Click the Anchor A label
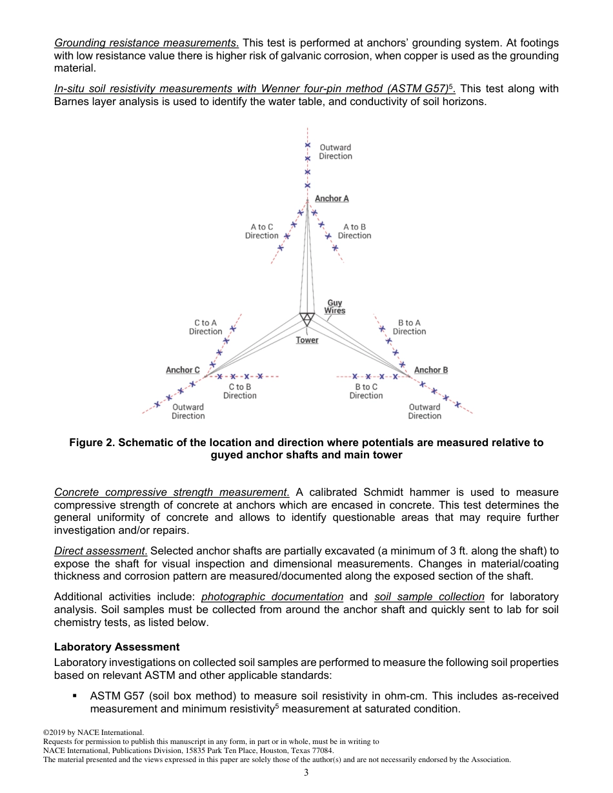(332, 199)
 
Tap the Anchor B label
(430, 370)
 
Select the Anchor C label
(183, 370)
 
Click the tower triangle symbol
(307, 318)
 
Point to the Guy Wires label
(335, 307)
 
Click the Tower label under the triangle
(307, 340)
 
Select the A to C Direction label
(261, 231)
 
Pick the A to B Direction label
(354, 231)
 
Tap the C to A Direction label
(205, 328)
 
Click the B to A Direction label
(409, 328)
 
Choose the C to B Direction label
(239, 391)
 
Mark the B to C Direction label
(366, 391)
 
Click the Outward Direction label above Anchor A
(336, 152)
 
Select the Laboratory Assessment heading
(117, 647)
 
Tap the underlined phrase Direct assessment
(101, 551)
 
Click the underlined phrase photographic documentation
(272, 597)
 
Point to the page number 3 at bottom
(306, 773)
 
